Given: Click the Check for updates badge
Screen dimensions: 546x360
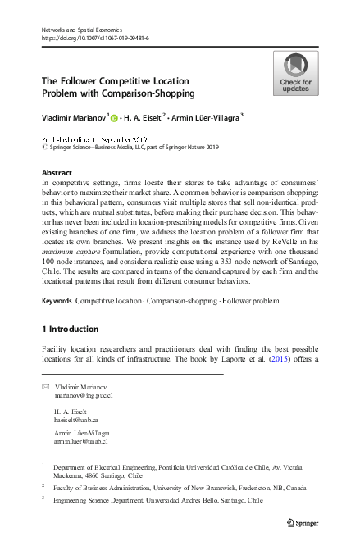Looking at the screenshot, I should pos(295,73).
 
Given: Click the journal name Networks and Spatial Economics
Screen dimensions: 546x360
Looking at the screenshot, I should pos(82,30).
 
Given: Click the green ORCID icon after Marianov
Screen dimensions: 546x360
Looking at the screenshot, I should pos(115,117).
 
